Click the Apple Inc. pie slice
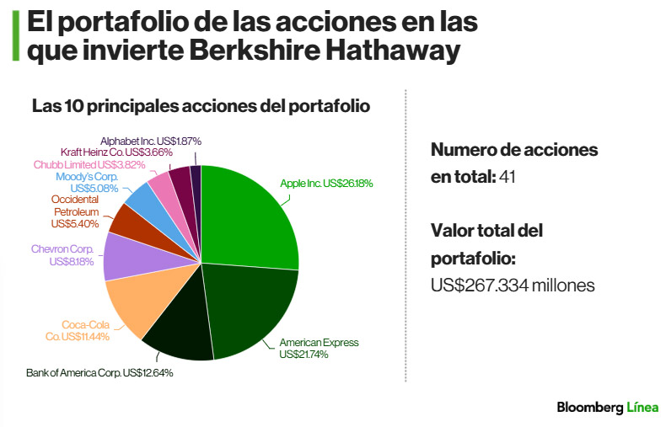[x=249, y=217]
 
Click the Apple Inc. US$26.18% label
[x=326, y=183]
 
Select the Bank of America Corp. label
[x=99, y=372]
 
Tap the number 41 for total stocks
[x=508, y=177]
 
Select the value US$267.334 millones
[x=513, y=286]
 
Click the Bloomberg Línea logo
[x=607, y=408]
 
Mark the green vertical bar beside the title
[x=15, y=35]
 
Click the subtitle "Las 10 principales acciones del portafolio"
[x=201, y=107]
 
